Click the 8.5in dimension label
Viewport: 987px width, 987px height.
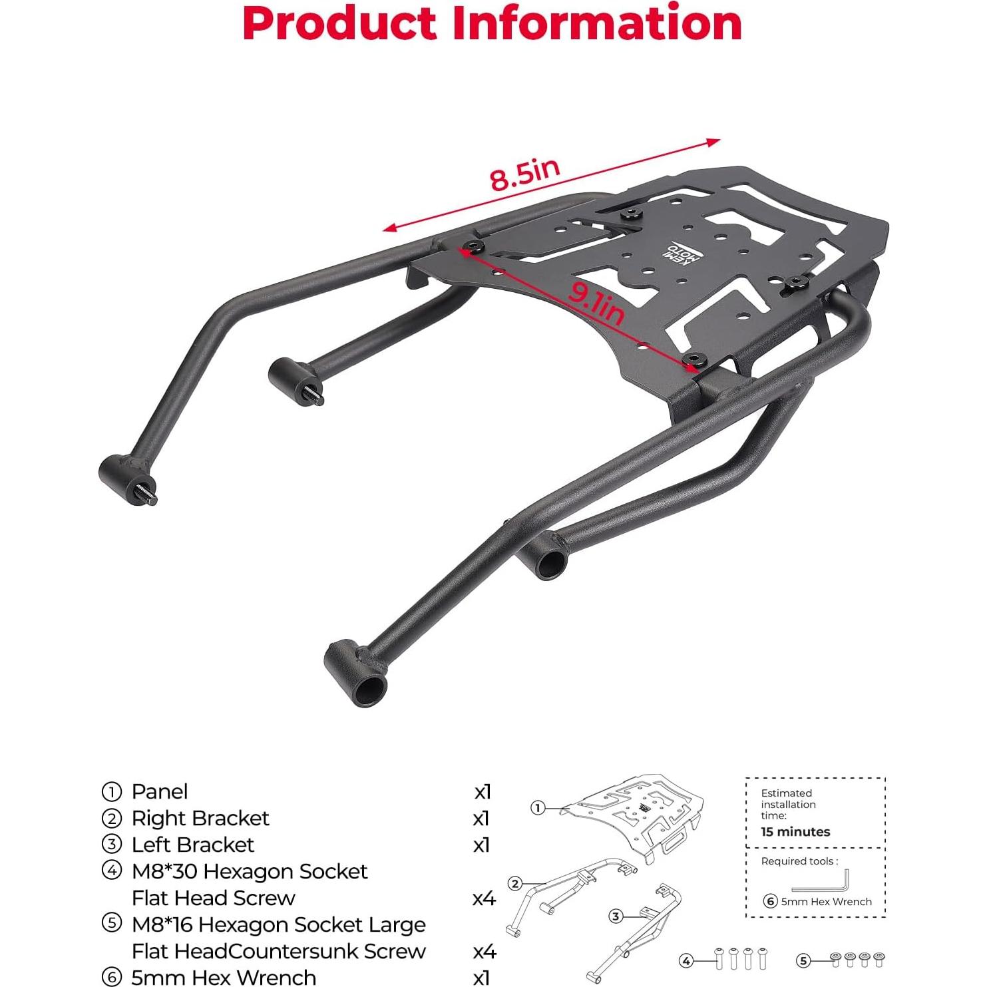524,175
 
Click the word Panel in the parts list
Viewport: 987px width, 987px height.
160,791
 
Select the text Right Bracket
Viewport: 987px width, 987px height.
200,818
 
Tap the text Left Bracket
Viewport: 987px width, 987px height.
193,845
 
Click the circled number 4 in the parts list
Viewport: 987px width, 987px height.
111,871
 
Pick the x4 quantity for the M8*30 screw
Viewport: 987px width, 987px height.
484,898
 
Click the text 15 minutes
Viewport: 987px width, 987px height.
795,832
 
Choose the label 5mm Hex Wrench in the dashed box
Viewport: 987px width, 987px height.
825,902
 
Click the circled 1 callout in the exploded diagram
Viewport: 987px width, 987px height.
538,808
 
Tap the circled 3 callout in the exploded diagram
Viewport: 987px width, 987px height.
616,916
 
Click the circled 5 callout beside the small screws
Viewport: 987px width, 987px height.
803,960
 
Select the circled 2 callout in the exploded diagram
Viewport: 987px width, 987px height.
514,884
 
